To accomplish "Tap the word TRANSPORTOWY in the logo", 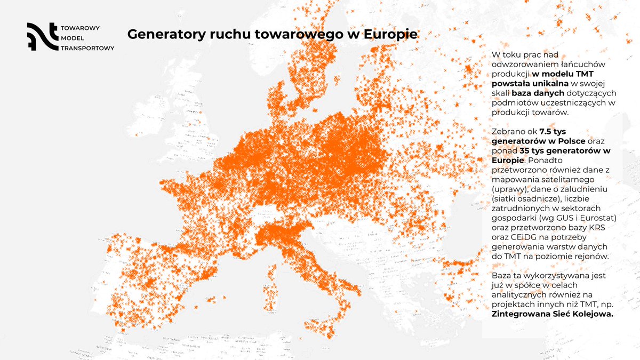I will (x=88, y=47).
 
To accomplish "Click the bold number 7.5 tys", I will (x=554, y=132).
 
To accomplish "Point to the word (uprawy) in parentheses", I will (x=509, y=189).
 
